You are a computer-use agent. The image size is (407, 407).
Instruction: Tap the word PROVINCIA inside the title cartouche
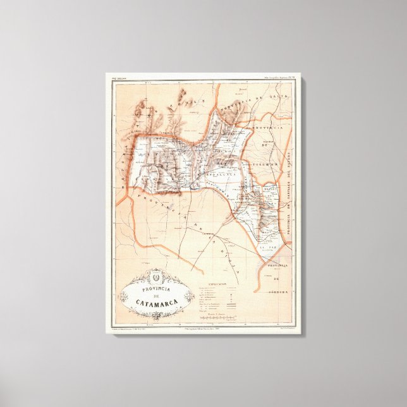tap(155, 286)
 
